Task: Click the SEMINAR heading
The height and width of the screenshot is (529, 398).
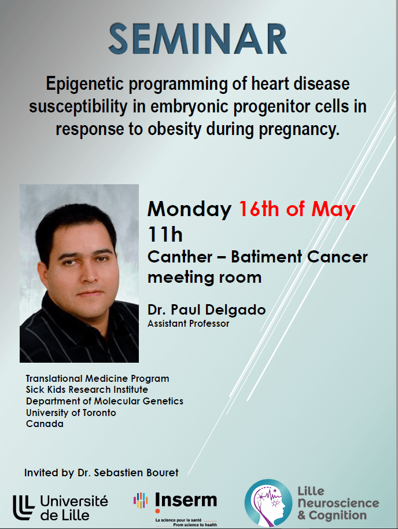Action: click(198, 39)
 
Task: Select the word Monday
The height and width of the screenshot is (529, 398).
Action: click(189, 210)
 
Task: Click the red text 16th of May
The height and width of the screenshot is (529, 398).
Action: click(297, 209)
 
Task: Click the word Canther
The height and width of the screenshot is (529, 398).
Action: click(180, 257)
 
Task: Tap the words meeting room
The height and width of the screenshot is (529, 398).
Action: click(204, 278)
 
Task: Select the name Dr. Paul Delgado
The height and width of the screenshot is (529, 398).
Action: click(207, 310)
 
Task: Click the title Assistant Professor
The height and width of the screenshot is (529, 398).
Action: click(188, 323)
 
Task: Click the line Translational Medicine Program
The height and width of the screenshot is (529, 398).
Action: click(97, 379)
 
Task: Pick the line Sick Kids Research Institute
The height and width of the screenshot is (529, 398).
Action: click(87, 390)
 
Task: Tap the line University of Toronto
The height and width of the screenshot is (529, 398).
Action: click(71, 413)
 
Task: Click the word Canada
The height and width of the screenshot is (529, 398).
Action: click(45, 424)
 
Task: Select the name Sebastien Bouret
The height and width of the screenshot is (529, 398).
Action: click(136, 473)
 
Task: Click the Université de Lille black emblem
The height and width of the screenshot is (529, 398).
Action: click(24, 508)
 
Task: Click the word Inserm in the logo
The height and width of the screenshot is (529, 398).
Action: click(186, 501)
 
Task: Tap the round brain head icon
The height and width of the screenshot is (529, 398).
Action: click(268, 503)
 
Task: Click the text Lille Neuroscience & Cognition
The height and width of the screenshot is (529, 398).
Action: click(338, 504)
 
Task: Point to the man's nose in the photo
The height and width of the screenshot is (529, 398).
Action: click(90, 274)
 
